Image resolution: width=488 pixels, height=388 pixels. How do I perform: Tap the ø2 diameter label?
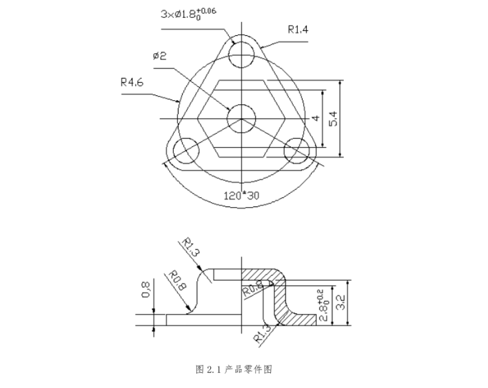pos(159,55)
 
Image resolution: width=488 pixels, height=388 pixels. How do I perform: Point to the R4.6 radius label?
pos(132,82)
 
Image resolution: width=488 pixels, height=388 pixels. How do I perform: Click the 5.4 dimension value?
pos(333,118)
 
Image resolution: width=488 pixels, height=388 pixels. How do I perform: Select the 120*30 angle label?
pos(241,195)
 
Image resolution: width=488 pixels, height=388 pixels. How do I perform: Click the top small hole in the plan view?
pos(242,55)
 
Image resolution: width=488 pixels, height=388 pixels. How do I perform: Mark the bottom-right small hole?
pos(298,150)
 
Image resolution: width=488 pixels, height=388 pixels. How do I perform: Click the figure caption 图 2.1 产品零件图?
pos(234,369)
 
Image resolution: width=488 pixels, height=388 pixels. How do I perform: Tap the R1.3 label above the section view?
pos(190,249)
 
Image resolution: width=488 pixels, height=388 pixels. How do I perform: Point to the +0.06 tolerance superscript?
pos(207,10)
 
